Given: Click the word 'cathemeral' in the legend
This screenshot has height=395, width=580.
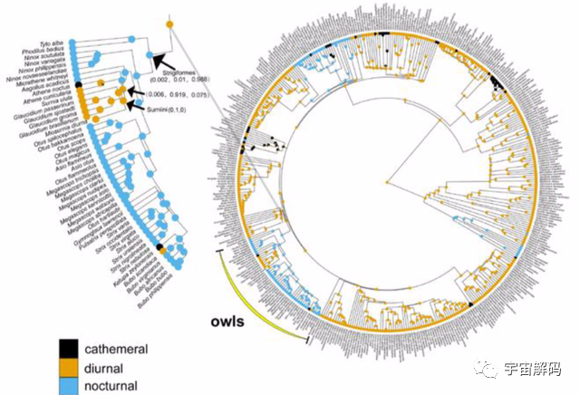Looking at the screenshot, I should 115,348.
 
